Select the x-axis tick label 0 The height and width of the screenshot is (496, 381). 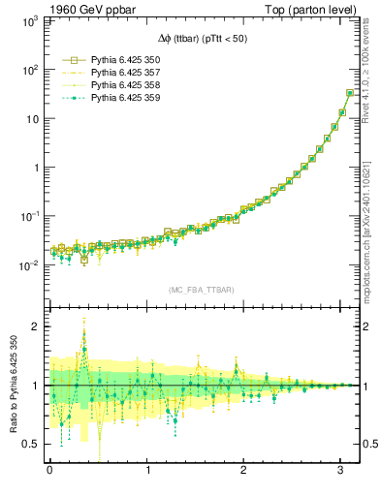point(49,471)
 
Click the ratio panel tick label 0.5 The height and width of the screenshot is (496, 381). point(34,444)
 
